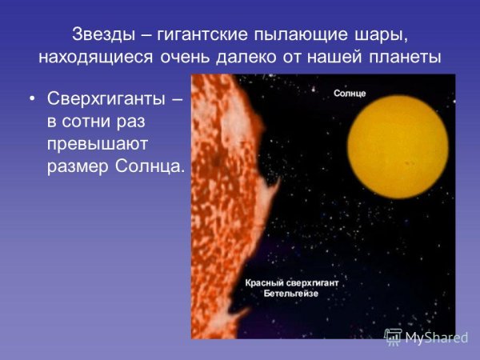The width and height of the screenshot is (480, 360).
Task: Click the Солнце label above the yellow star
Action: coord(350,94)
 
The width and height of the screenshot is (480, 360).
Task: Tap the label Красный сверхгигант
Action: coord(291,284)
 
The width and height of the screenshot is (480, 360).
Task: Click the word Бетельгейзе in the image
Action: coord(291,294)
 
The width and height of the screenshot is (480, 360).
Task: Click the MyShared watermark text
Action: coord(436,337)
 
